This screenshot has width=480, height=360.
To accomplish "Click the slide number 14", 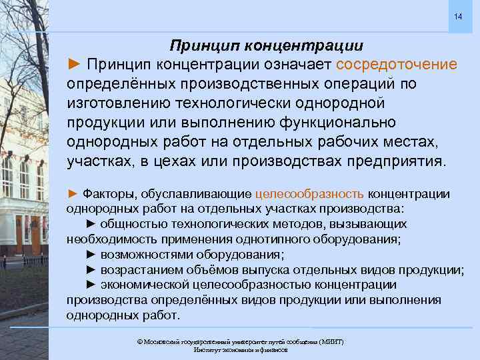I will [457, 16].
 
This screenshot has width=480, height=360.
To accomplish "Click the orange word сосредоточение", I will [397, 65].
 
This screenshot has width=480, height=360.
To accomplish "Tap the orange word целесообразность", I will [309, 194].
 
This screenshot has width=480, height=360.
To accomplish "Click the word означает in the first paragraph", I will [294, 65].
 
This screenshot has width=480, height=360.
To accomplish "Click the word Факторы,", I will [107, 194].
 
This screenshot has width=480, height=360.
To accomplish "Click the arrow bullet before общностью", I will [92, 225].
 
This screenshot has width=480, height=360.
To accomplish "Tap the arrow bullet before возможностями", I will [92, 255].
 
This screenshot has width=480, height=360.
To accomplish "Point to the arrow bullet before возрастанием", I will [92, 270].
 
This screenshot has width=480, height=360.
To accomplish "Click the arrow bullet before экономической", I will [92, 285].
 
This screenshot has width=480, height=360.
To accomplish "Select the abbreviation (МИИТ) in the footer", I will [331, 341].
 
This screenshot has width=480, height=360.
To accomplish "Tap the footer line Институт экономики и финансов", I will [240, 349].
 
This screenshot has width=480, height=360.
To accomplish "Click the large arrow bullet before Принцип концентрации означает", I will [75, 65].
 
